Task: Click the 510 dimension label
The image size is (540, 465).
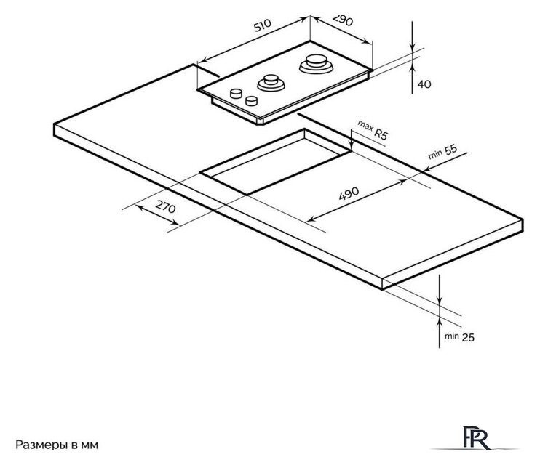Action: [263, 25]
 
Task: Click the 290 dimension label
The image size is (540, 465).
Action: [343, 20]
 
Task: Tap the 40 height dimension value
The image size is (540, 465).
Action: [424, 84]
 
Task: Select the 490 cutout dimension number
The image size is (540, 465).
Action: [349, 193]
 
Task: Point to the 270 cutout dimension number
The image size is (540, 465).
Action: [166, 206]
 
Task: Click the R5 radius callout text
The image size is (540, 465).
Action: [381, 133]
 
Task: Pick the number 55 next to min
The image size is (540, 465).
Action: [450, 149]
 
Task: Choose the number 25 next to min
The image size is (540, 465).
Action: [468, 337]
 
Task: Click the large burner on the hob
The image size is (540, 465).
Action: [316, 64]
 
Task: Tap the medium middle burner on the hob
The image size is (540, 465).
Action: [271, 83]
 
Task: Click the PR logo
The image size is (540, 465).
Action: [476, 437]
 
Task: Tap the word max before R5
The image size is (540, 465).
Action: [365, 126]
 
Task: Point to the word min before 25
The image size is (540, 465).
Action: [451, 336]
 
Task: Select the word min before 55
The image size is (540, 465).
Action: [435, 155]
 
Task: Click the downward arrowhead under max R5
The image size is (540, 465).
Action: [351, 145]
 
